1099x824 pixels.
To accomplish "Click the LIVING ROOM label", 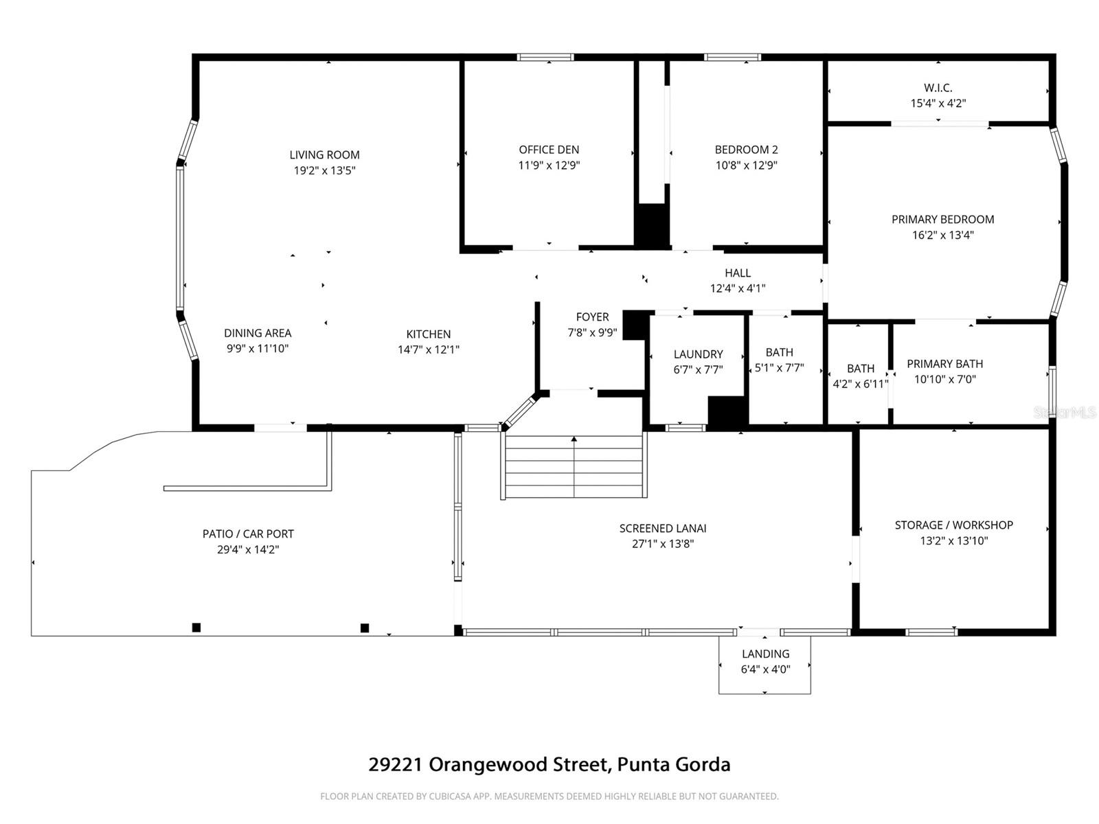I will pyautogui.click(x=324, y=155).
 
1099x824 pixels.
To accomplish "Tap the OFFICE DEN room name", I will pyautogui.click(x=549, y=150).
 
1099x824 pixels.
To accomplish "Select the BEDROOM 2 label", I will pyautogui.click(x=746, y=150).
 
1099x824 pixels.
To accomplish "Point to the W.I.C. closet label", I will pyautogui.click(x=938, y=88).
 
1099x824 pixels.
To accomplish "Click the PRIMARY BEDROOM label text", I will pyautogui.click(x=942, y=220).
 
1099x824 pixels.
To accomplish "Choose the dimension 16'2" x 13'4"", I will pyautogui.click(x=942, y=235).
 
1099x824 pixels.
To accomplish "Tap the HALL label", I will pyautogui.click(x=738, y=273).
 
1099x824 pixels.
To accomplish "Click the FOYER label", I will pyautogui.click(x=592, y=317).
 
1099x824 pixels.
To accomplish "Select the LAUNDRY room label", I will pyautogui.click(x=698, y=354).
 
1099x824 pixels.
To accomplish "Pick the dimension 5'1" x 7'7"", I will pyautogui.click(x=779, y=368).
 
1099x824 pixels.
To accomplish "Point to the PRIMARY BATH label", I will pyautogui.click(x=944, y=364).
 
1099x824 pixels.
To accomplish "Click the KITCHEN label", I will pyautogui.click(x=429, y=334).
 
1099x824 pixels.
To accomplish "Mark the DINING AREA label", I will pyautogui.click(x=258, y=333).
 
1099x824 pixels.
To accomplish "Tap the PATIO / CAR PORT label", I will pyautogui.click(x=248, y=534).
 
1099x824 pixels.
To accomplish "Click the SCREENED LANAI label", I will pyautogui.click(x=663, y=529).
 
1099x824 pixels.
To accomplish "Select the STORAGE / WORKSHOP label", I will pyautogui.click(x=953, y=525).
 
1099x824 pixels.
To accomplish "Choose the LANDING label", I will pyautogui.click(x=765, y=654).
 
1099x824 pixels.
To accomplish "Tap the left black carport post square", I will pyautogui.click(x=196, y=627).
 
